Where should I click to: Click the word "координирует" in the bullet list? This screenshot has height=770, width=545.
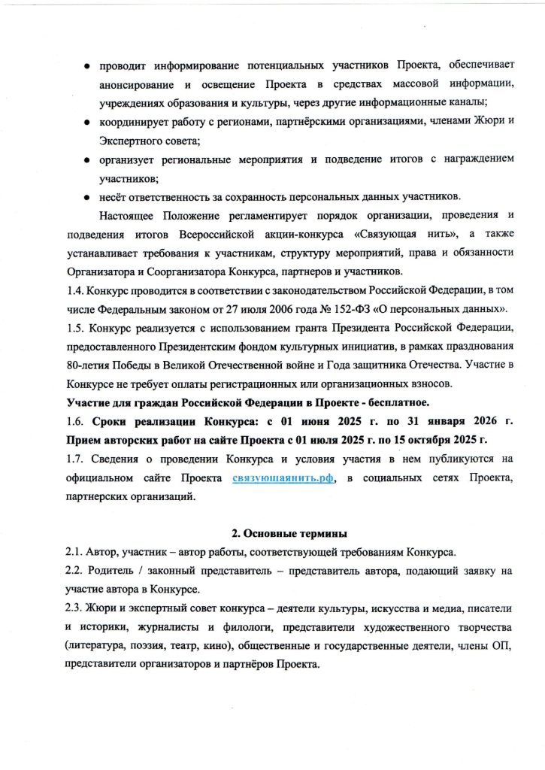pos(132,121)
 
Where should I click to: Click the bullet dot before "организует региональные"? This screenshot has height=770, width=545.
pos(88,159)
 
